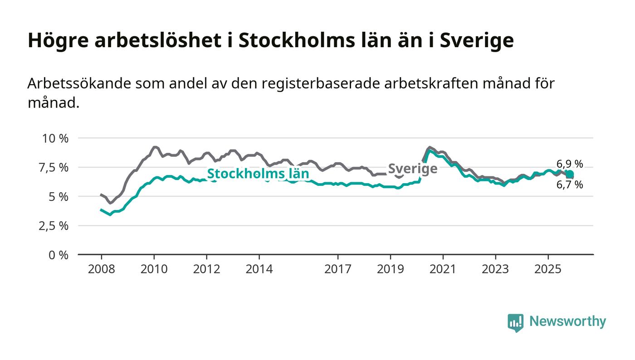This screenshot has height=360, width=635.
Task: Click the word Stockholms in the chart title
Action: (287, 40)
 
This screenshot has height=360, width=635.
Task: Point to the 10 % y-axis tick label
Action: (55, 138)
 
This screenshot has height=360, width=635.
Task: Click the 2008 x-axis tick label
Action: (101, 269)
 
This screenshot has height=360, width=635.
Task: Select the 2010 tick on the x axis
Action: (154, 269)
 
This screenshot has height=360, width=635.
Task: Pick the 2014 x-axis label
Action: (259, 269)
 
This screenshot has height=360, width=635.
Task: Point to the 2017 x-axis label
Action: (338, 269)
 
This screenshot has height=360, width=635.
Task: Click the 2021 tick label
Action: (443, 269)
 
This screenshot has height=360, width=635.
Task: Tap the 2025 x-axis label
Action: (548, 269)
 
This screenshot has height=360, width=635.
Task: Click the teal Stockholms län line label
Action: (258, 174)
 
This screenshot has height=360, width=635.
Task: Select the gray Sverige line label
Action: (413, 169)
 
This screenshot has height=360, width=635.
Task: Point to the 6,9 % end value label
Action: (570, 164)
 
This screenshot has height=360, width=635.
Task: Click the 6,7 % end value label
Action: (570, 185)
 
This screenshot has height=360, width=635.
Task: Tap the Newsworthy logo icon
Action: (515, 322)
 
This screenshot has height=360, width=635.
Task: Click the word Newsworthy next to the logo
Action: (567, 321)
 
